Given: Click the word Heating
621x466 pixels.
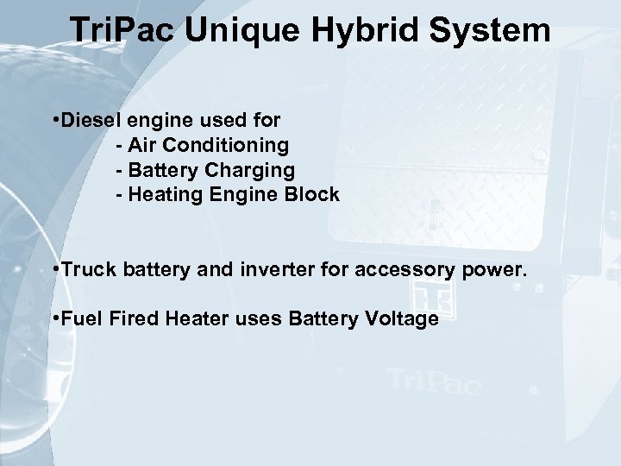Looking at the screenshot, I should (x=159, y=195).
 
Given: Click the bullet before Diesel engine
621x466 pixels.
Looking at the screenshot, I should (x=55, y=115).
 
